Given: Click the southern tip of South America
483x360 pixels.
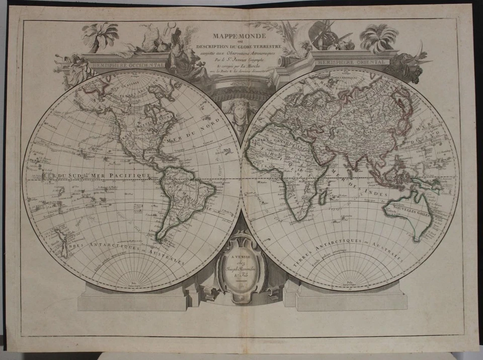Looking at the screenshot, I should (x=160, y=239).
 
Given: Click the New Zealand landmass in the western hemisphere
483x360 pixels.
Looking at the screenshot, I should (x=61, y=242).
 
